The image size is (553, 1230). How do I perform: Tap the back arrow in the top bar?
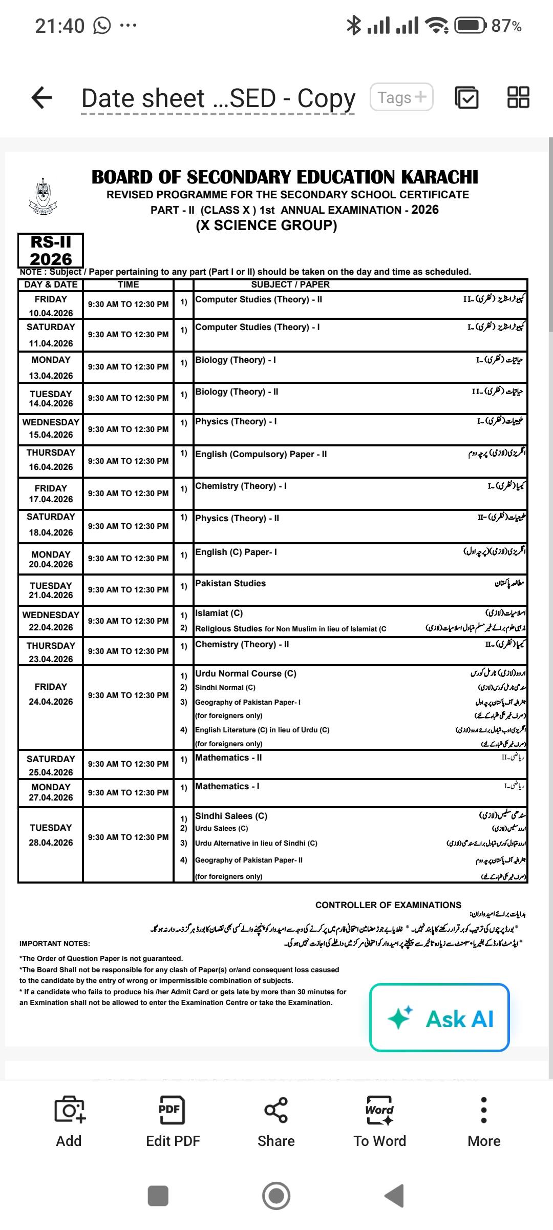42,97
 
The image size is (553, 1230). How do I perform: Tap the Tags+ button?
401,97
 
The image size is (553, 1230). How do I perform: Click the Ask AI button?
439,1018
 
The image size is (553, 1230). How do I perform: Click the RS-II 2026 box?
51,251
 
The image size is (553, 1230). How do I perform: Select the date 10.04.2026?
51,313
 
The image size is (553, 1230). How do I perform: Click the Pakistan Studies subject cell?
230,583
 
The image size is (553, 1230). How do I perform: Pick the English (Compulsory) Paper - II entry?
261,454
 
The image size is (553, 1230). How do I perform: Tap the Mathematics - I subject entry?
227,786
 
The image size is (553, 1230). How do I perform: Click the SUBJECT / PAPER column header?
290,284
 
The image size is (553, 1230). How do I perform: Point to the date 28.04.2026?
51,843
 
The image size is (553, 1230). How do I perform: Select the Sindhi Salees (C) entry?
231,816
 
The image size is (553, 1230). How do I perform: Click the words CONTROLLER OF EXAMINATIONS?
388,905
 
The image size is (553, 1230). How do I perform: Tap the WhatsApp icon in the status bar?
102,26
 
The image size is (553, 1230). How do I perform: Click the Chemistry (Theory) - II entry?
242,644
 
